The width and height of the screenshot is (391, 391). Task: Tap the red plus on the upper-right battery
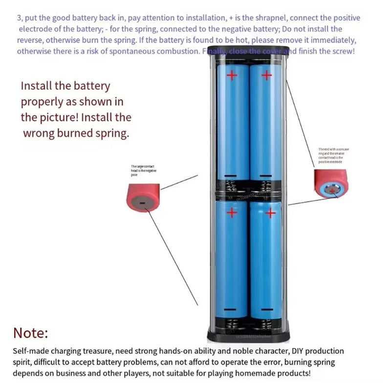[x=266, y=75]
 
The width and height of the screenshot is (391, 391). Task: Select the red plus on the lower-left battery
[x=232, y=213]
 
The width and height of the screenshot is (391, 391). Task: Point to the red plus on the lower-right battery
[x=270, y=213]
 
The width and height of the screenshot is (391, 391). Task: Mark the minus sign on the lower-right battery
[x=266, y=310]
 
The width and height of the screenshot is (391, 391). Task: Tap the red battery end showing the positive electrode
[x=332, y=184]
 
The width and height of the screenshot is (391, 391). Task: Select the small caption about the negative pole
[x=143, y=169]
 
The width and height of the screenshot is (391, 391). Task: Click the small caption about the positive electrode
[x=333, y=155]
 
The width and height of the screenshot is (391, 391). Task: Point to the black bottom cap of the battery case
[x=249, y=336]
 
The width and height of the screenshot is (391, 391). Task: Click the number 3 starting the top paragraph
[x=19, y=18]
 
